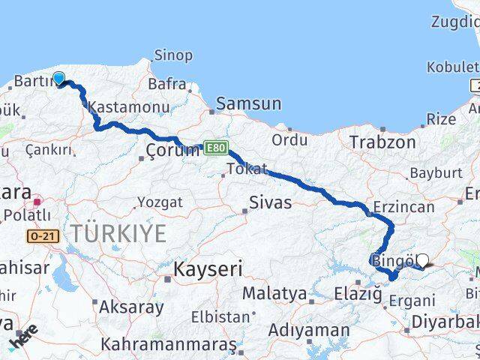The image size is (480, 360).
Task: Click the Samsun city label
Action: (x=249, y=104)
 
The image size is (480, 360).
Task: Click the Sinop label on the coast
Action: (x=173, y=55)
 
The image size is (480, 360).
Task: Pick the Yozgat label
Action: (x=160, y=202)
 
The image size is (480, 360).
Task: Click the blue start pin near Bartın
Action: (x=58, y=77)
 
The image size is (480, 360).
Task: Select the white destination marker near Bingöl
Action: (x=422, y=260)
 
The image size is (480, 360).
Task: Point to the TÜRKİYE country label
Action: (x=119, y=233)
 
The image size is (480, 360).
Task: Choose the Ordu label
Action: (x=289, y=139)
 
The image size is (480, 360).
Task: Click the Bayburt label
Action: (x=430, y=173)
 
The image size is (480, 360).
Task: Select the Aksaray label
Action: (x=132, y=307)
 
